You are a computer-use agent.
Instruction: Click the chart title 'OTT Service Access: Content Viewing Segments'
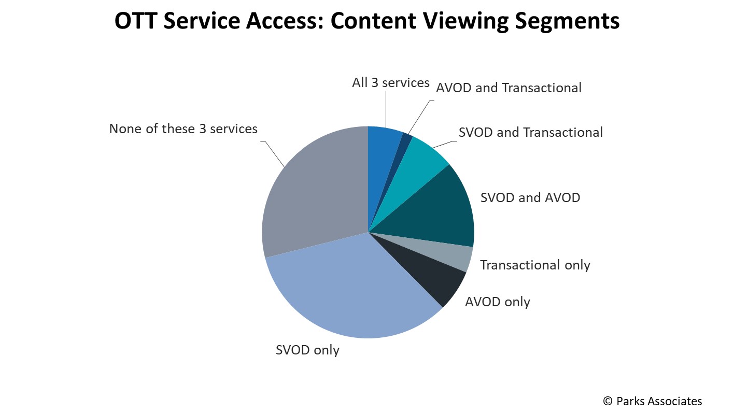pyautogui.click(x=367, y=21)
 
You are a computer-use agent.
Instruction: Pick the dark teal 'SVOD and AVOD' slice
pyautogui.click(x=439, y=210)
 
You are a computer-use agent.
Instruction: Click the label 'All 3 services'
pyautogui.click(x=391, y=83)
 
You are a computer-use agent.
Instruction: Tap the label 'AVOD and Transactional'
pyautogui.click(x=509, y=88)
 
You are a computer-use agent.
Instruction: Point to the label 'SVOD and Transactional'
pyautogui.click(x=530, y=132)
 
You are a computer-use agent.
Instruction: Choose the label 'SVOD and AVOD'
pyautogui.click(x=530, y=198)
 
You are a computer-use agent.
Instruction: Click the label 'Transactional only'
pyautogui.click(x=535, y=265)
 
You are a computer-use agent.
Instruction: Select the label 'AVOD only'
pyautogui.click(x=498, y=302)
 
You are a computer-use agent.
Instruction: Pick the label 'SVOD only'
pyautogui.click(x=307, y=350)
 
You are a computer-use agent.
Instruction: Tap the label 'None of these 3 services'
pyautogui.click(x=183, y=129)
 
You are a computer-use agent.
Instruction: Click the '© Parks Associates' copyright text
pyautogui.click(x=653, y=401)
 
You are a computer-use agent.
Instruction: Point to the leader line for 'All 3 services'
pyautogui.click(x=386, y=109)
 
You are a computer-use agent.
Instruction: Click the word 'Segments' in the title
pyautogui.click(x=567, y=21)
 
